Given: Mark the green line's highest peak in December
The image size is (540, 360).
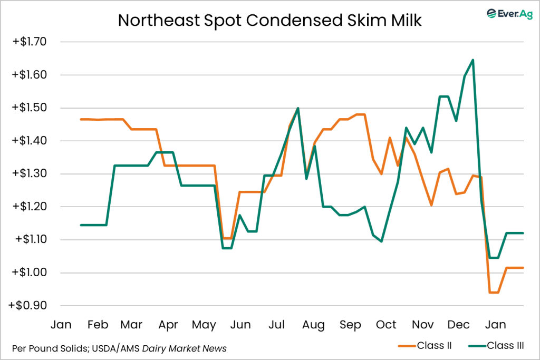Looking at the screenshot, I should click(472, 60).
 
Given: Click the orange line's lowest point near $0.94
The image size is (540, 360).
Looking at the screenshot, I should click(494, 292).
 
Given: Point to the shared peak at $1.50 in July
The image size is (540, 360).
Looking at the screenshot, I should click(298, 108).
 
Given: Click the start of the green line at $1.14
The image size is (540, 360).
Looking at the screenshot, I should click(81, 225).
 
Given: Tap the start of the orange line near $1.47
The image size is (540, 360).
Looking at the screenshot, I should click(81, 119).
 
